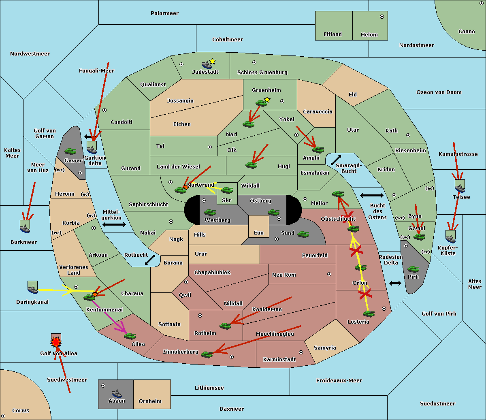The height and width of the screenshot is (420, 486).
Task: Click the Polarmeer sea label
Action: point(164,13)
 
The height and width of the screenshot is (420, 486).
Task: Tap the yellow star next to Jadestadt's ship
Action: point(212,61)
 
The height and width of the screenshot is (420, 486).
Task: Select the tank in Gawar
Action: point(70,151)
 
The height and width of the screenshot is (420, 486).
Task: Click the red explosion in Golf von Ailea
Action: point(56,342)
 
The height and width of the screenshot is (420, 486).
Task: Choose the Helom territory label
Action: point(369,35)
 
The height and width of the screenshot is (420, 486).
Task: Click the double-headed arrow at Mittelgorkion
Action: point(114,224)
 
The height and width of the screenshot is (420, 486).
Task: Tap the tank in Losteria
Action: point(369,313)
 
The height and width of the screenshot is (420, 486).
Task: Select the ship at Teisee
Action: point(460,187)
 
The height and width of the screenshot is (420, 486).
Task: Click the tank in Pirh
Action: point(413,269)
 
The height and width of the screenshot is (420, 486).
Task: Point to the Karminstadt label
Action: point(279,360)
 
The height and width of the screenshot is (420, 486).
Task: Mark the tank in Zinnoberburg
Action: point(207,355)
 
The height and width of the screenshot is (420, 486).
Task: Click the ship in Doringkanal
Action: point(33,288)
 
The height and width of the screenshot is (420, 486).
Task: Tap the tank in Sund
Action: point(303,234)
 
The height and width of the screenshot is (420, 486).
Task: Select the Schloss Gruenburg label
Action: point(262,72)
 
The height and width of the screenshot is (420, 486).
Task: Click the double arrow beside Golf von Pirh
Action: point(395,283)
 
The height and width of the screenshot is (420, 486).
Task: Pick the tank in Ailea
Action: point(130,336)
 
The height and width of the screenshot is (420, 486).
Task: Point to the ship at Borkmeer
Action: point(25,228)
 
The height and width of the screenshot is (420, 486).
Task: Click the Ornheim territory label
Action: point(150,401)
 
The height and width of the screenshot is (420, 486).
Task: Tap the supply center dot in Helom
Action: point(382,17)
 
